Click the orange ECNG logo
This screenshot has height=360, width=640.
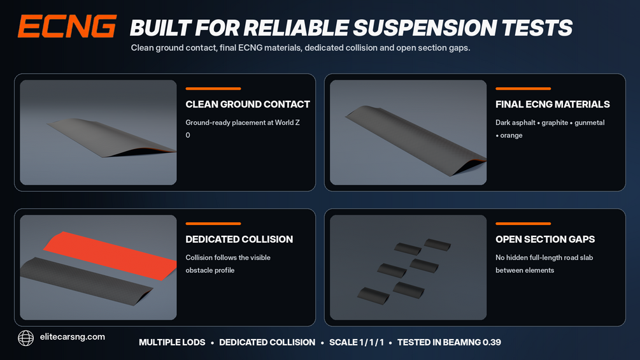click(x=67, y=27)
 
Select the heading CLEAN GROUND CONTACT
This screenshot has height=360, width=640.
click(x=248, y=104)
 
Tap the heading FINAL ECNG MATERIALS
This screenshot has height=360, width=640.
click(x=553, y=104)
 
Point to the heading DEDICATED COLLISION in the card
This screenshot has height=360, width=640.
click(x=239, y=239)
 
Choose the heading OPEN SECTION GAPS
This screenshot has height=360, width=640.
click(x=545, y=239)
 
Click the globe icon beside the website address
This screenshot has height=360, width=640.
click(x=25, y=338)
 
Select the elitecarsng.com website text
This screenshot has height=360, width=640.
click(x=72, y=337)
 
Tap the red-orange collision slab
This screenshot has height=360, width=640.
click(x=110, y=256)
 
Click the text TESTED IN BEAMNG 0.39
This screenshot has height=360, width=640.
click(x=449, y=342)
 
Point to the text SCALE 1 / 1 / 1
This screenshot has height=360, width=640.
click(x=357, y=342)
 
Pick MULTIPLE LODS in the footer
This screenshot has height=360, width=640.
click(x=172, y=342)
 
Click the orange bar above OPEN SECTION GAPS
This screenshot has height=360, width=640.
click(x=523, y=224)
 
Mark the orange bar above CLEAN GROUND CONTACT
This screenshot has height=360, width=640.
click(x=213, y=89)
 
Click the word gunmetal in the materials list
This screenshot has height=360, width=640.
click(x=590, y=123)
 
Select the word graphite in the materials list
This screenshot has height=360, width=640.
click(x=555, y=123)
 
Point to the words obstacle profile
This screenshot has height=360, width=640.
click(x=210, y=271)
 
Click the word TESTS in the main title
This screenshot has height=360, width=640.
click(x=537, y=28)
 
